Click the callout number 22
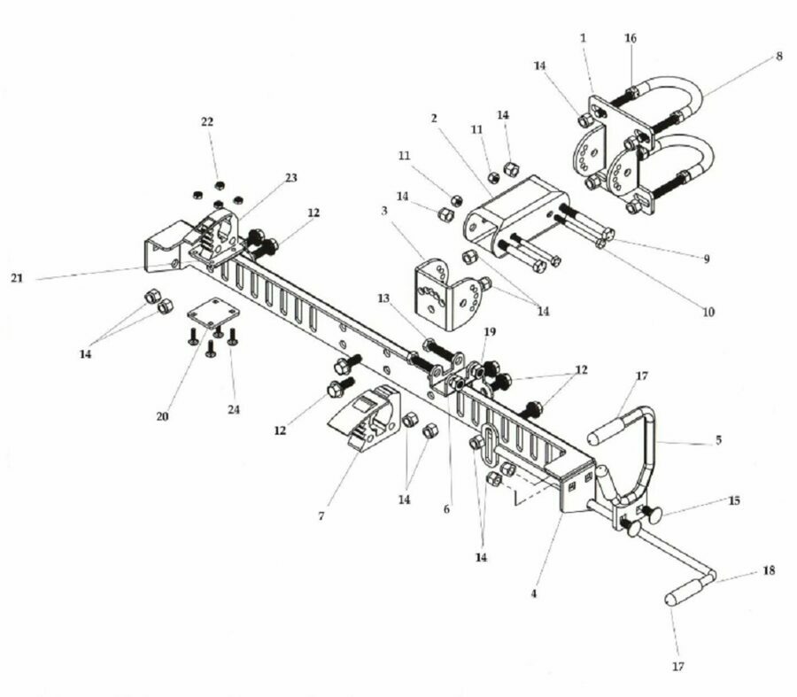(x=207, y=122)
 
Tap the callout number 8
(x=779, y=57)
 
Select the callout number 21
(x=17, y=278)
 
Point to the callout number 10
(x=708, y=312)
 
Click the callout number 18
(x=769, y=570)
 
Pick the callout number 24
(x=233, y=409)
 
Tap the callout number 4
(x=534, y=593)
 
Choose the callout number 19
(x=490, y=332)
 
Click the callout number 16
(x=631, y=38)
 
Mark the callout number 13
(x=383, y=298)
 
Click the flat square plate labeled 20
(x=213, y=313)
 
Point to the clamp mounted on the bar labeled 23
(x=215, y=239)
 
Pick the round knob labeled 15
(x=654, y=514)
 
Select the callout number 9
(x=706, y=259)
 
